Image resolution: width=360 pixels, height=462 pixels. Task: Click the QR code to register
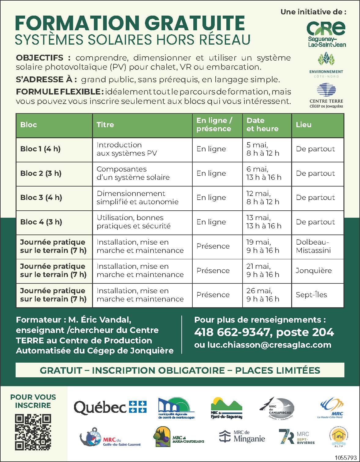(x=33, y=431)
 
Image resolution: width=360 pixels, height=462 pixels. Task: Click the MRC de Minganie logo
(x=242, y=436)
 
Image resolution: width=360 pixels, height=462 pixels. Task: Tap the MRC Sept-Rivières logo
(x=297, y=437)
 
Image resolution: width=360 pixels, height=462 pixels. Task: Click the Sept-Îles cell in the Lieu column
(x=311, y=295)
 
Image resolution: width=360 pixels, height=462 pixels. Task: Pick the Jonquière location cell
(x=314, y=271)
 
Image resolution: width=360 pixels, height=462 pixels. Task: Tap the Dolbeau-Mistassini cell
(x=314, y=246)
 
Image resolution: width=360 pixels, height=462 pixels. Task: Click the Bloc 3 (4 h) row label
(x=41, y=198)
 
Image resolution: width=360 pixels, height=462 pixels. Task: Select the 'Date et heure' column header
(x=262, y=125)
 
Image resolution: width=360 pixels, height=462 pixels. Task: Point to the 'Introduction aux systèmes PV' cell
(x=127, y=149)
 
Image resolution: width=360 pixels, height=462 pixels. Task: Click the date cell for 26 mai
(x=263, y=295)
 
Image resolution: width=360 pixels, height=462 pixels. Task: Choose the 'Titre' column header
(x=105, y=125)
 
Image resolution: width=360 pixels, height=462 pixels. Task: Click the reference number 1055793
(x=346, y=458)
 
